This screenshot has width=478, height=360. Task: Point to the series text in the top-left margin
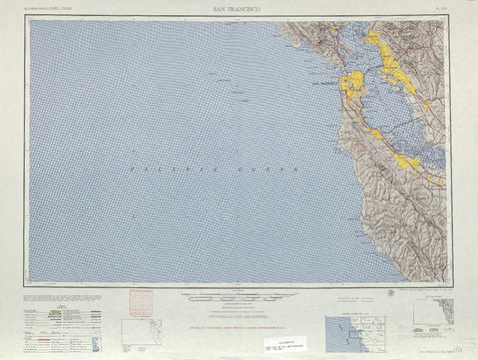pyautogui.click(x=49, y=8)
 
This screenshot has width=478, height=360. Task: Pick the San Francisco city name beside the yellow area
pyautogui.click(x=328, y=85)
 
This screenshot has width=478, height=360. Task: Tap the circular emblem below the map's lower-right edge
pyautogui.click(x=388, y=292)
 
